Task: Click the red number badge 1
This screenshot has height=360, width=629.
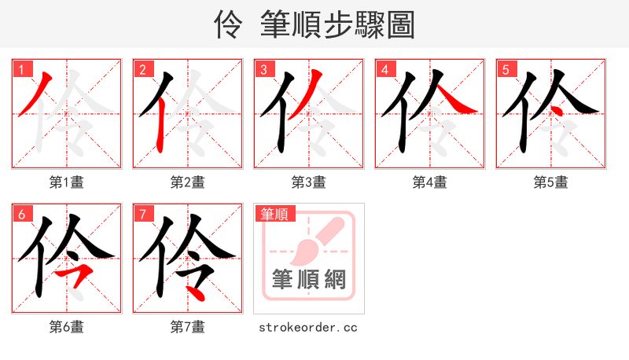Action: click(x=21, y=69)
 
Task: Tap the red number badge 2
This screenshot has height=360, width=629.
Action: click(x=142, y=69)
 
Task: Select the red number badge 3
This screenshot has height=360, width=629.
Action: click(x=263, y=69)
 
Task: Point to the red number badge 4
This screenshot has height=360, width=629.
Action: click(x=384, y=69)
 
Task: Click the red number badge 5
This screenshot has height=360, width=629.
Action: click(x=506, y=69)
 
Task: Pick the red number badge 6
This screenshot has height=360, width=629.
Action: click(x=21, y=214)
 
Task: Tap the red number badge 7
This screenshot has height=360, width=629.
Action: click(x=142, y=214)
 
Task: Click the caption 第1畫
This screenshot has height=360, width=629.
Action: click(x=67, y=182)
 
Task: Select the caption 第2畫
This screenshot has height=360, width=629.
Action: click(x=188, y=182)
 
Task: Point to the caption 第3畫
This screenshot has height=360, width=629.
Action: click(x=309, y=182)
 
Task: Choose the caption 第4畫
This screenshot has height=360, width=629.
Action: click(x=430, y=182)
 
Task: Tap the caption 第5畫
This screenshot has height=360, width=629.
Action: click(x=551, y=182)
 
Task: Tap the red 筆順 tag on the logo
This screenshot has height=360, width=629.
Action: click(x=274, y=213)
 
